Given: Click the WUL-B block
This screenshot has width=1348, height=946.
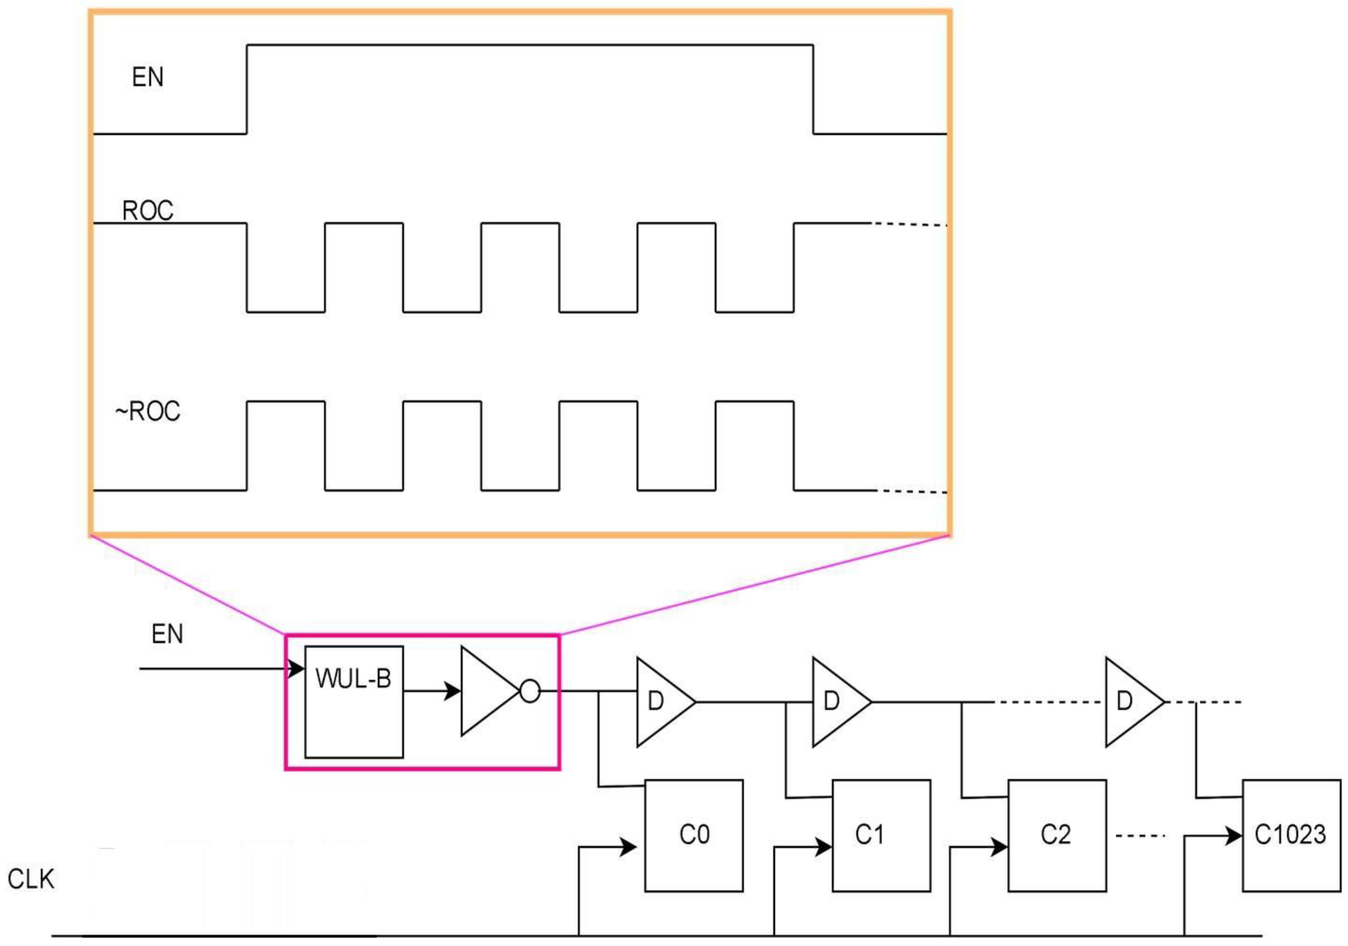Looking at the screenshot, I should click(x=353, y=702).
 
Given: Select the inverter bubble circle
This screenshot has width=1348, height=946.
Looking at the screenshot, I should click(x=530, y=691).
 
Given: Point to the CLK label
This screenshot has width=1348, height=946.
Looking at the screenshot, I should click(x=31, y=879).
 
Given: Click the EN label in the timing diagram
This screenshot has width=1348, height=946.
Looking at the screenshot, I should click(x=147, y=77).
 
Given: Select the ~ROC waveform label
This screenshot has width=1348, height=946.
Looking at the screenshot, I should click(x=147, y=411).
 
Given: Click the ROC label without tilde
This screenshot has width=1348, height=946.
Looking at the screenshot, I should click(x=147, y=210).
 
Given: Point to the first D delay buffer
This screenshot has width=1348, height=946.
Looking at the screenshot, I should click(x=663, y=702).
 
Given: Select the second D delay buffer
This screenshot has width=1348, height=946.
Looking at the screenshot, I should click(x=838, y=702).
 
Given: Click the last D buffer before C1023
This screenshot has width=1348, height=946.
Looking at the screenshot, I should click(x=1131, y=702).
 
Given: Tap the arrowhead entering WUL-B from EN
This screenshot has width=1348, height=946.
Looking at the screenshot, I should click(x=297, y=668).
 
